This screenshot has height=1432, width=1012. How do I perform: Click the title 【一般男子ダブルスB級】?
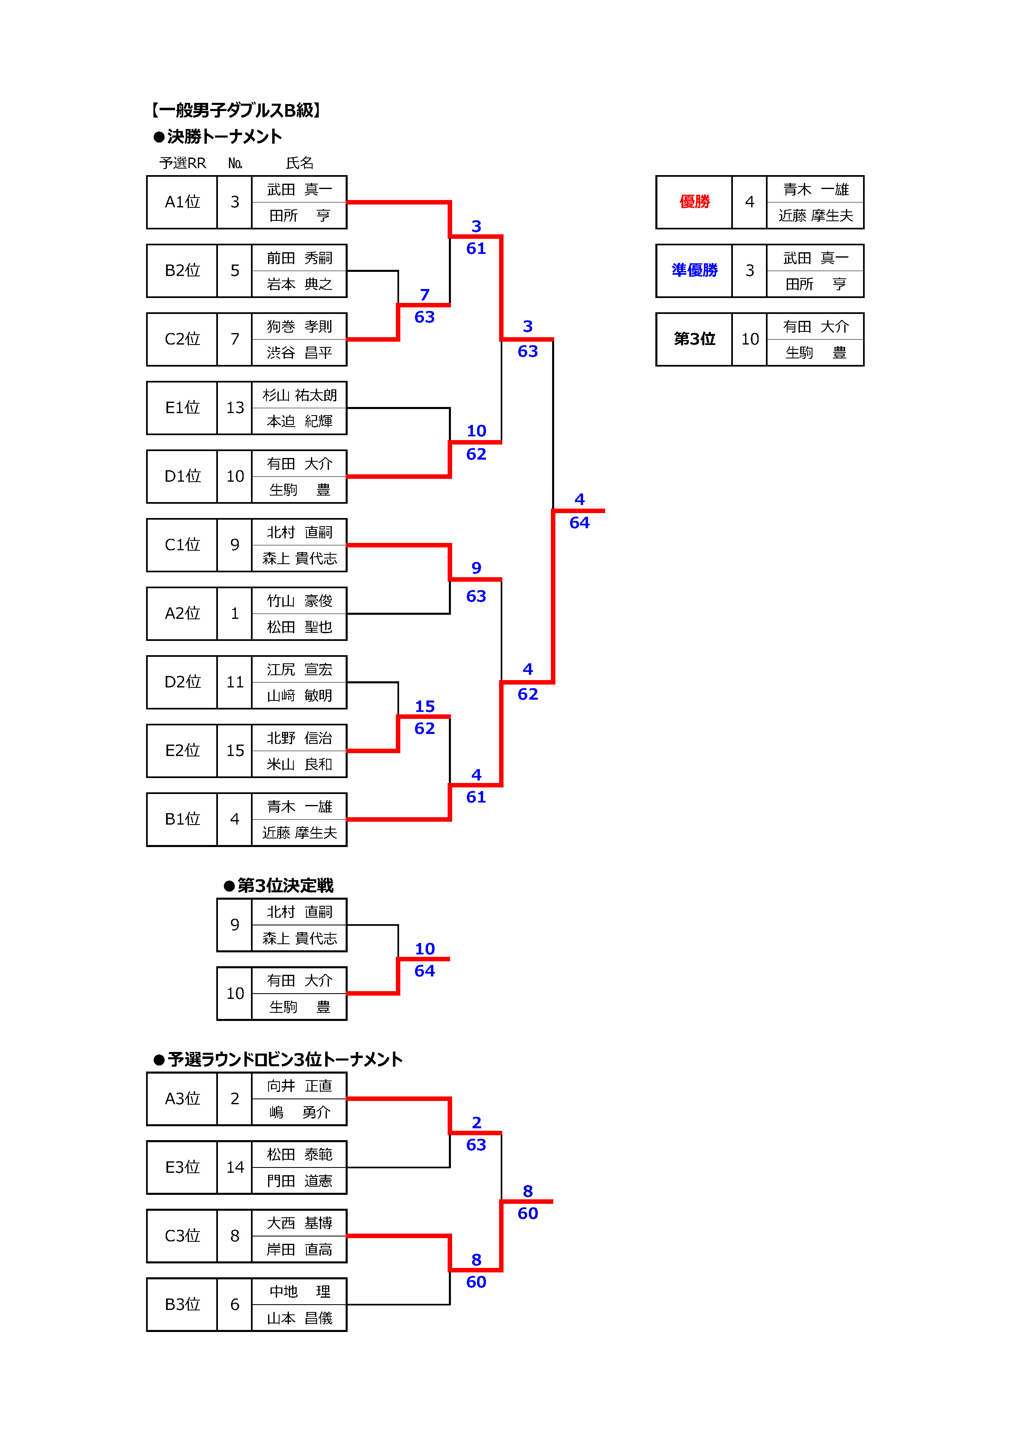click(236, 110)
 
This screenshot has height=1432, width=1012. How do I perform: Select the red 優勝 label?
click(694, 202)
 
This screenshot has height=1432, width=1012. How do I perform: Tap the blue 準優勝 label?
click(694, 270)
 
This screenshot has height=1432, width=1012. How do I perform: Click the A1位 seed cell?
click(182, 202)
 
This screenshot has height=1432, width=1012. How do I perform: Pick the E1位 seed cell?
click(182, 408)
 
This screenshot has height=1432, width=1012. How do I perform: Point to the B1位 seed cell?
click(182, 819)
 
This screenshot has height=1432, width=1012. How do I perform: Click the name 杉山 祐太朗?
click(299, 395)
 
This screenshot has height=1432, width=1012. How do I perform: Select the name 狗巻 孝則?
click(299, 326)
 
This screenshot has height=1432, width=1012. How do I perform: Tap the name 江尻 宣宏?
click(299, 669)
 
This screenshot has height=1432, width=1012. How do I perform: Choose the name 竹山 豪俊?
click(299, 600)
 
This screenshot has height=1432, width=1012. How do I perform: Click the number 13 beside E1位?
click(235, 408)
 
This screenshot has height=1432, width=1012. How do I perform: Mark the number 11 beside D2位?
click(235, 682)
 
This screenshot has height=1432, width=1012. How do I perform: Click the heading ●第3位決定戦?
click(279, 886)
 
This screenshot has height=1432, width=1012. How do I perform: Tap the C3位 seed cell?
click(182, 1236)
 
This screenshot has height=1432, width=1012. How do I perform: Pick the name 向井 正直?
click(299, 1086)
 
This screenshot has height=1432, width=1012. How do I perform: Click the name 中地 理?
click(299, 1291)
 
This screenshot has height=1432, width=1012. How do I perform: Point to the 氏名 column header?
click(299, 163)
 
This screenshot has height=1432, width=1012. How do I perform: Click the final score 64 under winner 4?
click(579, 523)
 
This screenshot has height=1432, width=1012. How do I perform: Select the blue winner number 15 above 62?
click(425, 706)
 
